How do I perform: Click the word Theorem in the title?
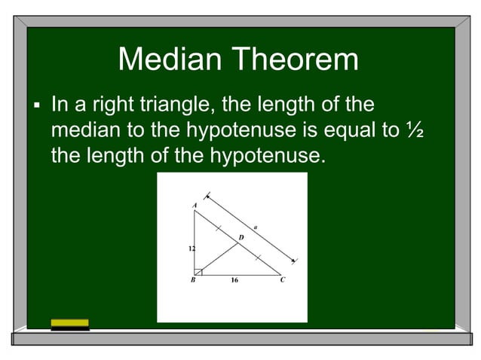[297, 59]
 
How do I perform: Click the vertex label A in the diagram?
[194, 204]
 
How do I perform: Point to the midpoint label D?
[241, 238]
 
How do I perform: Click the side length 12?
[191, 247]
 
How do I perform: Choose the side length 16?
[234, 280]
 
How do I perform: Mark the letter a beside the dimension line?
[256, 224]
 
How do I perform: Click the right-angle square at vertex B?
[198, 271]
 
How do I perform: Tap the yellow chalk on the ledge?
[69, 323]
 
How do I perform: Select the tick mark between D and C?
[258, 258]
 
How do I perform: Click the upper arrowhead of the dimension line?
[209, 197]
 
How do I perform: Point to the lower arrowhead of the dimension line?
[294, 259]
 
